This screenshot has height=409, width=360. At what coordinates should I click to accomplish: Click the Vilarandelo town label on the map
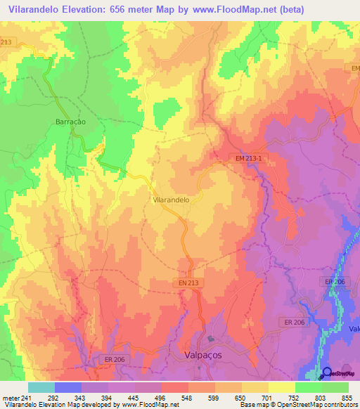pos(171,200)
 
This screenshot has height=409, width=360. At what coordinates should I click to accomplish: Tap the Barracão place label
pos(70,122)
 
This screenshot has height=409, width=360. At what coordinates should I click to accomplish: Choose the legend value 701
pos(266,398)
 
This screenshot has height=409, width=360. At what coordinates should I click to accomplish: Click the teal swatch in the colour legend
pos(41,387)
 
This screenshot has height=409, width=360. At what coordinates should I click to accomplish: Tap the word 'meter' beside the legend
pos(8,398)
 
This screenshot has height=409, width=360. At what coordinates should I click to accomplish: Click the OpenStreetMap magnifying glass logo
pos(326,373)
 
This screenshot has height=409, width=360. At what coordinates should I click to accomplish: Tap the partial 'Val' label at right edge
pos(354,327)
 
